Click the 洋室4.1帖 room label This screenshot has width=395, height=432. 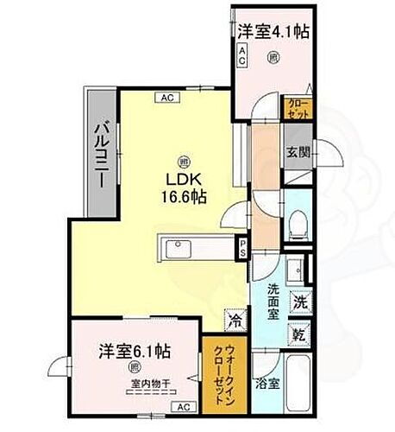point(274,31)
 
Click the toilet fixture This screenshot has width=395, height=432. point(297,222)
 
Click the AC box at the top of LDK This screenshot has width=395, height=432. point(166,98)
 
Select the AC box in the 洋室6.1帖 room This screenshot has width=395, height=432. point(183,405)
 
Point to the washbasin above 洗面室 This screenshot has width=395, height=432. point(294,267)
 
